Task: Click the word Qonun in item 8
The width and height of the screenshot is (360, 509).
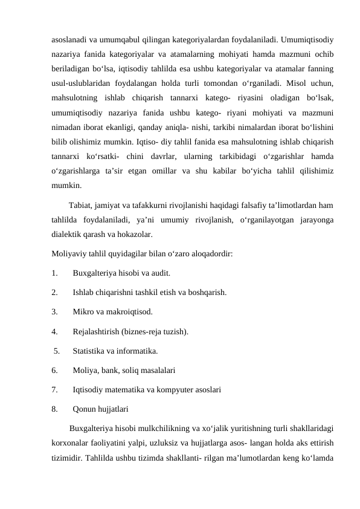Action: click(85, 409)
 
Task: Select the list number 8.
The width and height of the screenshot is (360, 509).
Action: click(55, 409)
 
